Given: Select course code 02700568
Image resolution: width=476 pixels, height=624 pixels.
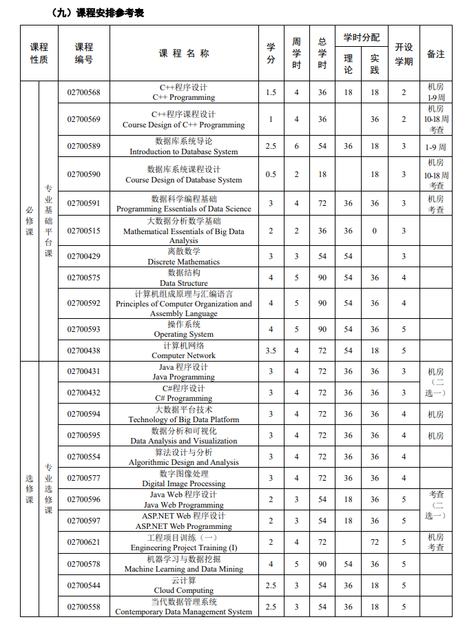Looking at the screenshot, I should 83,92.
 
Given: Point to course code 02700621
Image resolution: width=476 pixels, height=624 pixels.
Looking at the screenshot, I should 83,542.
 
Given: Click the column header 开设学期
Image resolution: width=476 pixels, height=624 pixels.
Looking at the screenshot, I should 404,54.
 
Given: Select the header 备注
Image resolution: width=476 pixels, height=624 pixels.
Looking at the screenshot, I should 435,54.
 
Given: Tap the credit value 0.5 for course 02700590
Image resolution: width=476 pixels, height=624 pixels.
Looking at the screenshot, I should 271,174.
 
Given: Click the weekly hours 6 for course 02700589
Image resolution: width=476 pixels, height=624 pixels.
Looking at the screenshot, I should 297,146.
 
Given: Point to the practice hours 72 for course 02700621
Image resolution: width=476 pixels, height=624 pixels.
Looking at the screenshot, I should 374,542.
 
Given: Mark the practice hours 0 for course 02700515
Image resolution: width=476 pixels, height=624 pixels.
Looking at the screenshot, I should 374,231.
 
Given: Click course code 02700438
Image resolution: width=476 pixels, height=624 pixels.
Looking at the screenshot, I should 83,351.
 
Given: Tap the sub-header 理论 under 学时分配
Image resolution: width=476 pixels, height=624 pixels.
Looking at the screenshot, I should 348,64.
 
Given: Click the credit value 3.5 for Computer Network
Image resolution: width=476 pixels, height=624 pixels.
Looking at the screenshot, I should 271,351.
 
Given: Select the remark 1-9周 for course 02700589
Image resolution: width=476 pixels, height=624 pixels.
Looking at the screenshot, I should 435,147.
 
